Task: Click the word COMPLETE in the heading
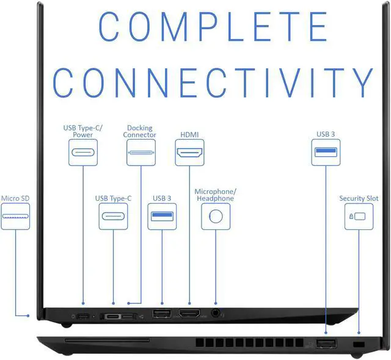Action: (213, 26)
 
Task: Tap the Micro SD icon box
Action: (15, 217)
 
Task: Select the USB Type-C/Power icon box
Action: (83, 152)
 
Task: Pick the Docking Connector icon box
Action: (141, 152)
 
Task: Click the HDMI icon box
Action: (189, 152)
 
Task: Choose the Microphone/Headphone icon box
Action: (215, 217)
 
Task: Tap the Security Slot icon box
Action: (359, 217)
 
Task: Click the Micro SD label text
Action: (15, 198)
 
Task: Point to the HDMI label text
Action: (189, 134)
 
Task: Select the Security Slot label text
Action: (359, 198)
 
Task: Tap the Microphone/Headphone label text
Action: (214, 195)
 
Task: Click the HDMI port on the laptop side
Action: (189, 314)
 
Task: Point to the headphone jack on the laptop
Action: (215, 314)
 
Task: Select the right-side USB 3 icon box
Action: (326, 152)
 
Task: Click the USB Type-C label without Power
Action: (113, 198)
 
